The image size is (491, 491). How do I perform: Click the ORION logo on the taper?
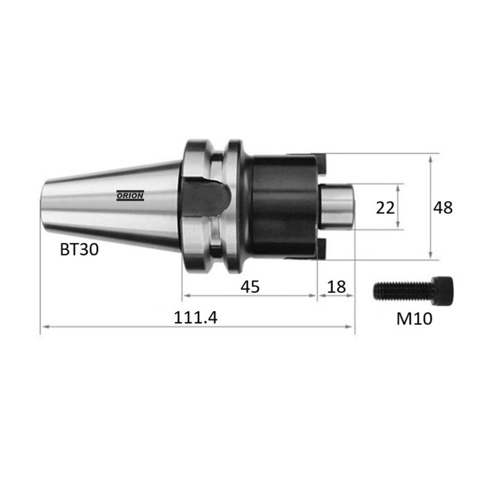pos(130,196)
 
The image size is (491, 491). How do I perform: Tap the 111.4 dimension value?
pos(196,318)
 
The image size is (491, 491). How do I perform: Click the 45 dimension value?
pos(250,287)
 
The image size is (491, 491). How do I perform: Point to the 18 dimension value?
pos(337,287)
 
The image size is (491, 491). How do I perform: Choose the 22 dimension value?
pos(385,208)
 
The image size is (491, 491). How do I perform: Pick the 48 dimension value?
pos(443,208)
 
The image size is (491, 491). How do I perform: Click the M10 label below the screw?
pos(414,319)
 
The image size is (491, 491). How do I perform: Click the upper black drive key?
pos(322,162)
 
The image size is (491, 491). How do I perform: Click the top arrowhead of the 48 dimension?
pos(430,158)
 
